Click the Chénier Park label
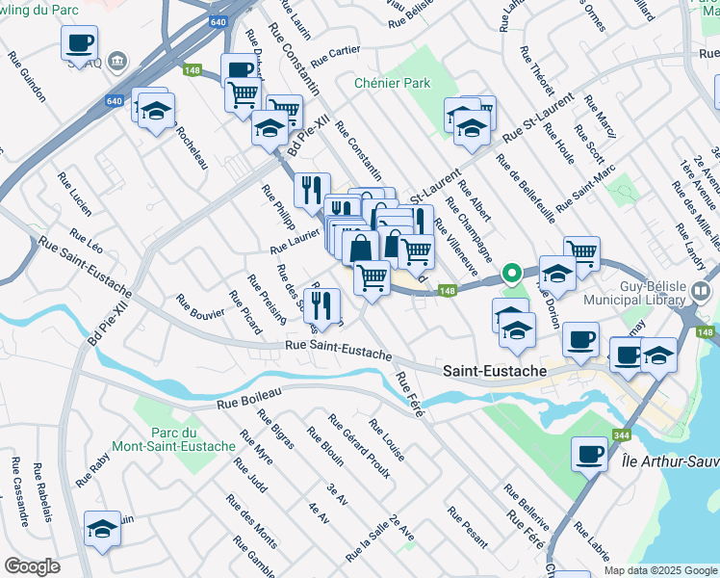pyautogui.click(x=392, y=83)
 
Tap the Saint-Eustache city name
pyautogui.click(x=495, y=371)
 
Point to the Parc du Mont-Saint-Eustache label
pyautogui.click(x=193, y=439)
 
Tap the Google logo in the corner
pyautogui.click(x=32, y=566)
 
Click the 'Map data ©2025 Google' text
pyautogui.click(x=659, y=569)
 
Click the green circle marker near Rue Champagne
pyautogui.click(x=513, y=274)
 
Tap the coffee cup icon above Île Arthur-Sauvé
pyautogui.click(x=589, y=452)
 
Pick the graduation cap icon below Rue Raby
pyautogui.click(x=103, y=529)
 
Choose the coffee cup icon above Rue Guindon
pyautogui.click(x=79, y=43)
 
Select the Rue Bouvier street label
pyautogui.click(x=200, y=306)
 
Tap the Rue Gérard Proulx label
pyautogui.click(x=352, y=438)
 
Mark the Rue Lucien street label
pyautogui.click(x=74, y=193)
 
